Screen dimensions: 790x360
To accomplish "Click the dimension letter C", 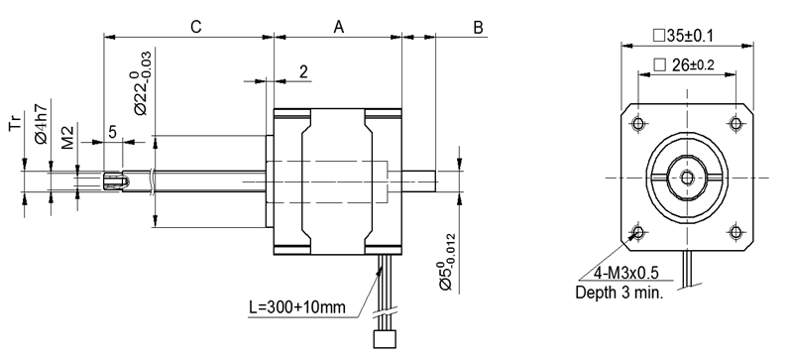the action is [x=196, y=27].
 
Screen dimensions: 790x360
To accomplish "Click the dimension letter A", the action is [x=339, y=27].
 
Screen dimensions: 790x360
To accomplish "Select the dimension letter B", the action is [x=479, y=28].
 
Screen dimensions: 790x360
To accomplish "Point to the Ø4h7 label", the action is [x=43, y=124].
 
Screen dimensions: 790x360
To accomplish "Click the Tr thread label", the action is [x=16, y=123].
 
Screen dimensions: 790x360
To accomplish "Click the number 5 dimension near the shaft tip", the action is [x=112, y=132].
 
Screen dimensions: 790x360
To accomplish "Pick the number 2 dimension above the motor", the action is [x=303, y=71].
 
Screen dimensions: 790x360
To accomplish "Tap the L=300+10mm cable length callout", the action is [x=297, y=306].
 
